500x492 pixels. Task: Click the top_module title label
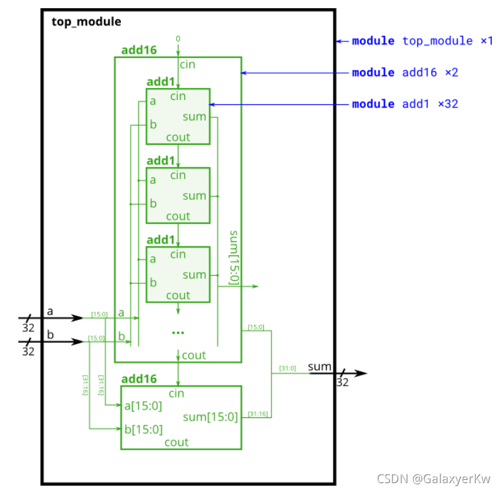(86, 22)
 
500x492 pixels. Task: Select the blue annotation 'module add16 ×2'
(404, 73)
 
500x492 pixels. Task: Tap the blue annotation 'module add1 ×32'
(404, 104)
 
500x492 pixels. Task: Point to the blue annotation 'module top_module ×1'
(422, 41)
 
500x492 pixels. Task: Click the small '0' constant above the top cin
(178, 39)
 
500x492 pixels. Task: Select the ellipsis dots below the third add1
(178, 333)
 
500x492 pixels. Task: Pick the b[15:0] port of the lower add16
(143, 429)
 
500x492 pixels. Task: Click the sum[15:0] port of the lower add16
(210, 417)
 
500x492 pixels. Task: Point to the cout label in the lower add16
(177, 442)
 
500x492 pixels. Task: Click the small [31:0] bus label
(287, 368)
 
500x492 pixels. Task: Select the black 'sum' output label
(320, 367)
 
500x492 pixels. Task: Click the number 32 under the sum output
(342, 383)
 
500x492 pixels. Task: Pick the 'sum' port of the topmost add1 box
(194, 116)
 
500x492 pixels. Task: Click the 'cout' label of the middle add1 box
(178, 216)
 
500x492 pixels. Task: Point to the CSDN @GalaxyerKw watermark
(434, 479)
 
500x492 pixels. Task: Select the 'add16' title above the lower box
(139, 379)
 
